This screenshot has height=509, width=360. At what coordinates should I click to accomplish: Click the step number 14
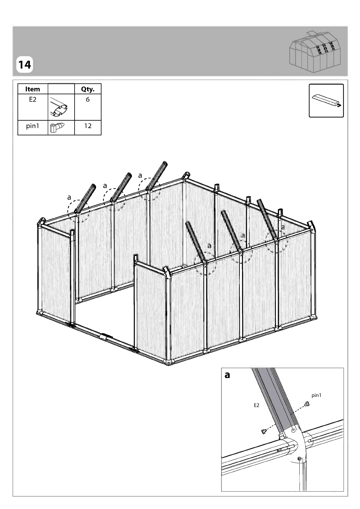point(24,65)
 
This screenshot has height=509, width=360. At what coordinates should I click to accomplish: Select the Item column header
point(33,89)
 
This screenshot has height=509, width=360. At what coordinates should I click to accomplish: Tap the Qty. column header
point(88,89)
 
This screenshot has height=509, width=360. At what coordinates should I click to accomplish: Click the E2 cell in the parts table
point(33,99)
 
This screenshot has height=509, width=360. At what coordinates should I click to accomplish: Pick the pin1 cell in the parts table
point(33,126)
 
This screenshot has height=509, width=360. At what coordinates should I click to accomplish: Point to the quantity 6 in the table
point(88,99)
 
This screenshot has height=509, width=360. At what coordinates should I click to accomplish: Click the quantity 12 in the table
point(88,126)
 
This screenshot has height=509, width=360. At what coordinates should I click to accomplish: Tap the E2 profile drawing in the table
point(59,107)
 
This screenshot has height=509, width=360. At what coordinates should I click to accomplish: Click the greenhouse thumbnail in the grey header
point(316,52)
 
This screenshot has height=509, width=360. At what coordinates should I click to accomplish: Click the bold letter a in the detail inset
point(227,375)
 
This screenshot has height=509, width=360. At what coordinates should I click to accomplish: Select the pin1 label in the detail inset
point(317,395)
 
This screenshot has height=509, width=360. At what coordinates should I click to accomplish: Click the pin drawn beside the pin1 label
point(307,404)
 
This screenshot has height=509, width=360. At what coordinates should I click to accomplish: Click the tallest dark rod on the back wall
point(156,176)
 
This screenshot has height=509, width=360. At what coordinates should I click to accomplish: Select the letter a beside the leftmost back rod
point(69,198)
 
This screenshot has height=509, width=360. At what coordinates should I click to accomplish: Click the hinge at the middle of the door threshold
point(106,336)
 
